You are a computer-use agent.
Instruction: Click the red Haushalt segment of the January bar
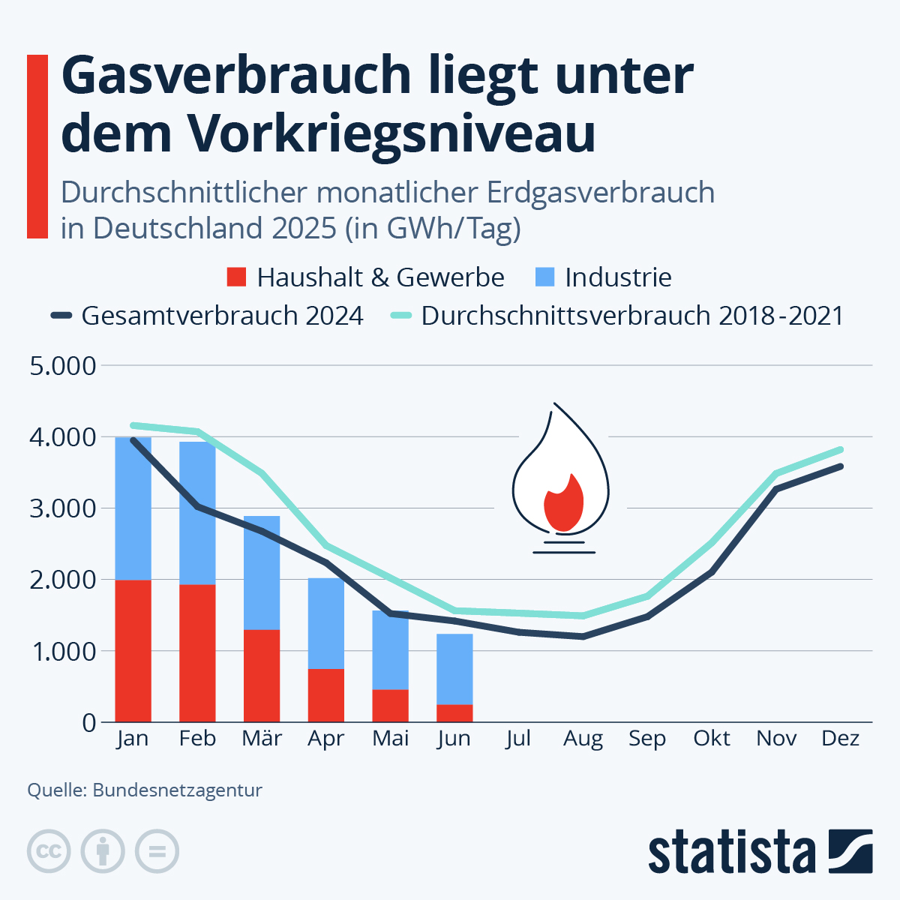tap(133, 651)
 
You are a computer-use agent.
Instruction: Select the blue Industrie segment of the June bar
tap(454, 669)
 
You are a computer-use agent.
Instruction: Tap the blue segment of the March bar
tap(262, 572)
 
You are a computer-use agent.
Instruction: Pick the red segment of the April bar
tap(326, 695)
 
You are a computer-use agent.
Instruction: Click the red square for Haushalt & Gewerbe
tap(236, 277)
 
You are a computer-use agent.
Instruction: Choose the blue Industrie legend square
tap(544, 277)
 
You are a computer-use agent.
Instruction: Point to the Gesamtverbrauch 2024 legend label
tap(222, 316)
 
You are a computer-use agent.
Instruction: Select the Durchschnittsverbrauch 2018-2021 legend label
tap(631, 316)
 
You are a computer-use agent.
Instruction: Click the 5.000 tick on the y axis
tap(63, 366)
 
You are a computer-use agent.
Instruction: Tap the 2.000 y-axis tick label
tap(63, 580)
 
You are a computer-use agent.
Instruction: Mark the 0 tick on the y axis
tap(89, 723)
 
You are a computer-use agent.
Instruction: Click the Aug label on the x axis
tap(583, 739)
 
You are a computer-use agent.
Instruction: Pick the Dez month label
tap(840, 739)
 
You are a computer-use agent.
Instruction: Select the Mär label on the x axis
tap(262, 739)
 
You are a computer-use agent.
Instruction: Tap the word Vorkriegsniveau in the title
tap(391, 133)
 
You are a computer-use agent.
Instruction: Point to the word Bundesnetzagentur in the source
tap(177, 790)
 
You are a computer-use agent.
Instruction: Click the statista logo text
tap(731, 853)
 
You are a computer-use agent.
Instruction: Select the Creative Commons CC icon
tap(49, 851)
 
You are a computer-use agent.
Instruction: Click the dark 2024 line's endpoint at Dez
tap(841, 466)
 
